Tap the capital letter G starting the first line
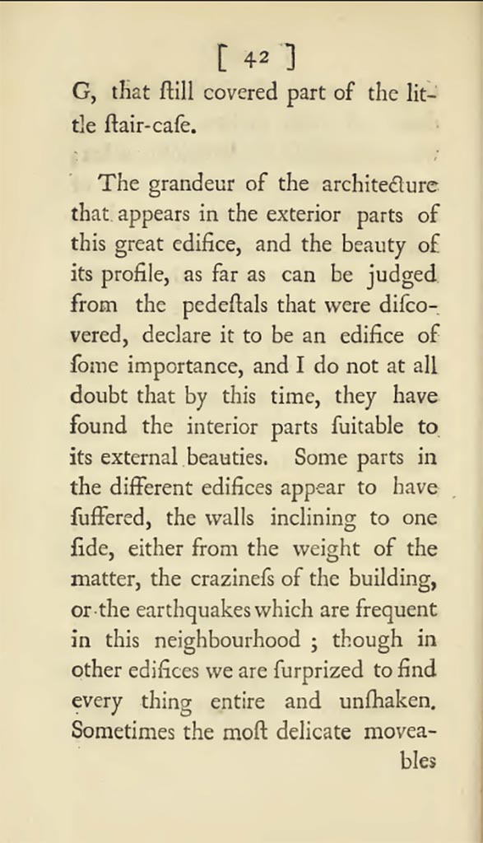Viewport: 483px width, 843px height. pos(79,93)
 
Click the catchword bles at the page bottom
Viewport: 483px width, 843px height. pos(417,761)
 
